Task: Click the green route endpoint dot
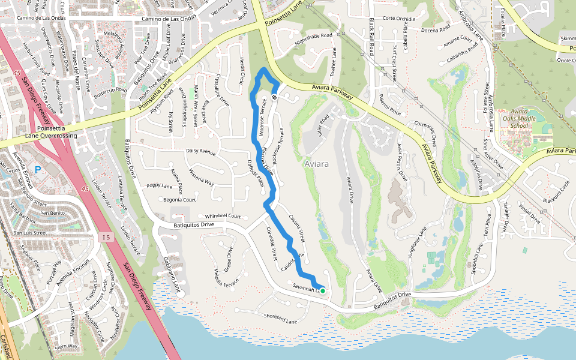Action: pyautogui.click(x=323, y=291)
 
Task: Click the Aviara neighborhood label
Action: pyautogui.click(x=317, y=164)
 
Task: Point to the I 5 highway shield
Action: pyautogui.click(x=106, y=238)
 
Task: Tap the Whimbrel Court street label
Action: pyautogui.click(x=223, y=216)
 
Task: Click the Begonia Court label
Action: pyautogui.click(x=180, y=199)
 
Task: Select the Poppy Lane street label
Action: pyautogui.click(x=159, y=186)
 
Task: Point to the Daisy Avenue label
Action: pyautogui.click(x=200, y=152)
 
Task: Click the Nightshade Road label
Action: pyautogui.click(x=313, y=36)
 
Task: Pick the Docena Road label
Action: pyautogui.click(x=436, y=29)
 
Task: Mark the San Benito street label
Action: pyautogui.click(x=52, y=212)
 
